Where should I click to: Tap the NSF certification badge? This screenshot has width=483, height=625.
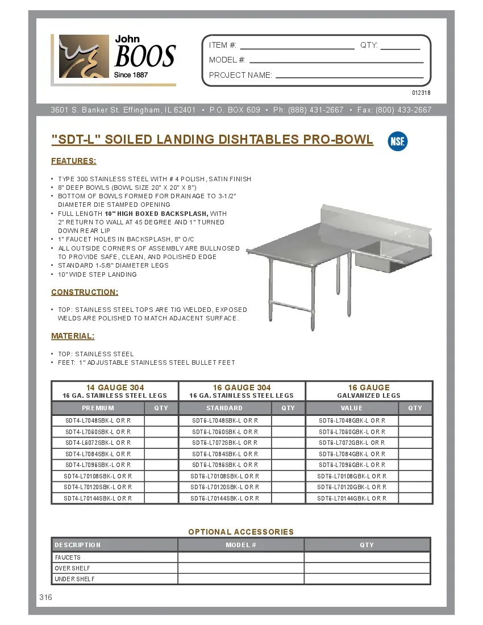tap(397, 141)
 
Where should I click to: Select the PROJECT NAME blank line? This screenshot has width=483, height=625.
tap(349, 76)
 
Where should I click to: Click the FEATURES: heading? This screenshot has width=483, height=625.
tap(74, 161)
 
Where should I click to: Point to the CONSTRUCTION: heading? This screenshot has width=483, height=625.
tap(85, 292)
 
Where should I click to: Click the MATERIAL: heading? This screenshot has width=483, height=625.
tap(73, 336)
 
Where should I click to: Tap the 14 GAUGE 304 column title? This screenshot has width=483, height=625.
tap(115, 388)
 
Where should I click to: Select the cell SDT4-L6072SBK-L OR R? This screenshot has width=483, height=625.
tap(98, 443)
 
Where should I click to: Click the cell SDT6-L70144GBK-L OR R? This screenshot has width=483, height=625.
tap(352, 498)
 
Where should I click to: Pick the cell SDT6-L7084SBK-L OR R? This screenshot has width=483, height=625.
tap(225, 454)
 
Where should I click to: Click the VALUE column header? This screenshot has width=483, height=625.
tap(352, 408)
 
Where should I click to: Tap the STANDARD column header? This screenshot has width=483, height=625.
tap(224, 408)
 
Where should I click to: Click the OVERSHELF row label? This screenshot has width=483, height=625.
tap(72, 568)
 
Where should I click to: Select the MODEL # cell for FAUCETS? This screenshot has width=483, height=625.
tap(241, 557)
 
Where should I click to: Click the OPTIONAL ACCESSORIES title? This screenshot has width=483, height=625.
tap(241, 532)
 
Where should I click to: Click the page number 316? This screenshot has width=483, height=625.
tap(46, 597)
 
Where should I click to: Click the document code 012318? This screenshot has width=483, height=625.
tap(421, 93)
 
